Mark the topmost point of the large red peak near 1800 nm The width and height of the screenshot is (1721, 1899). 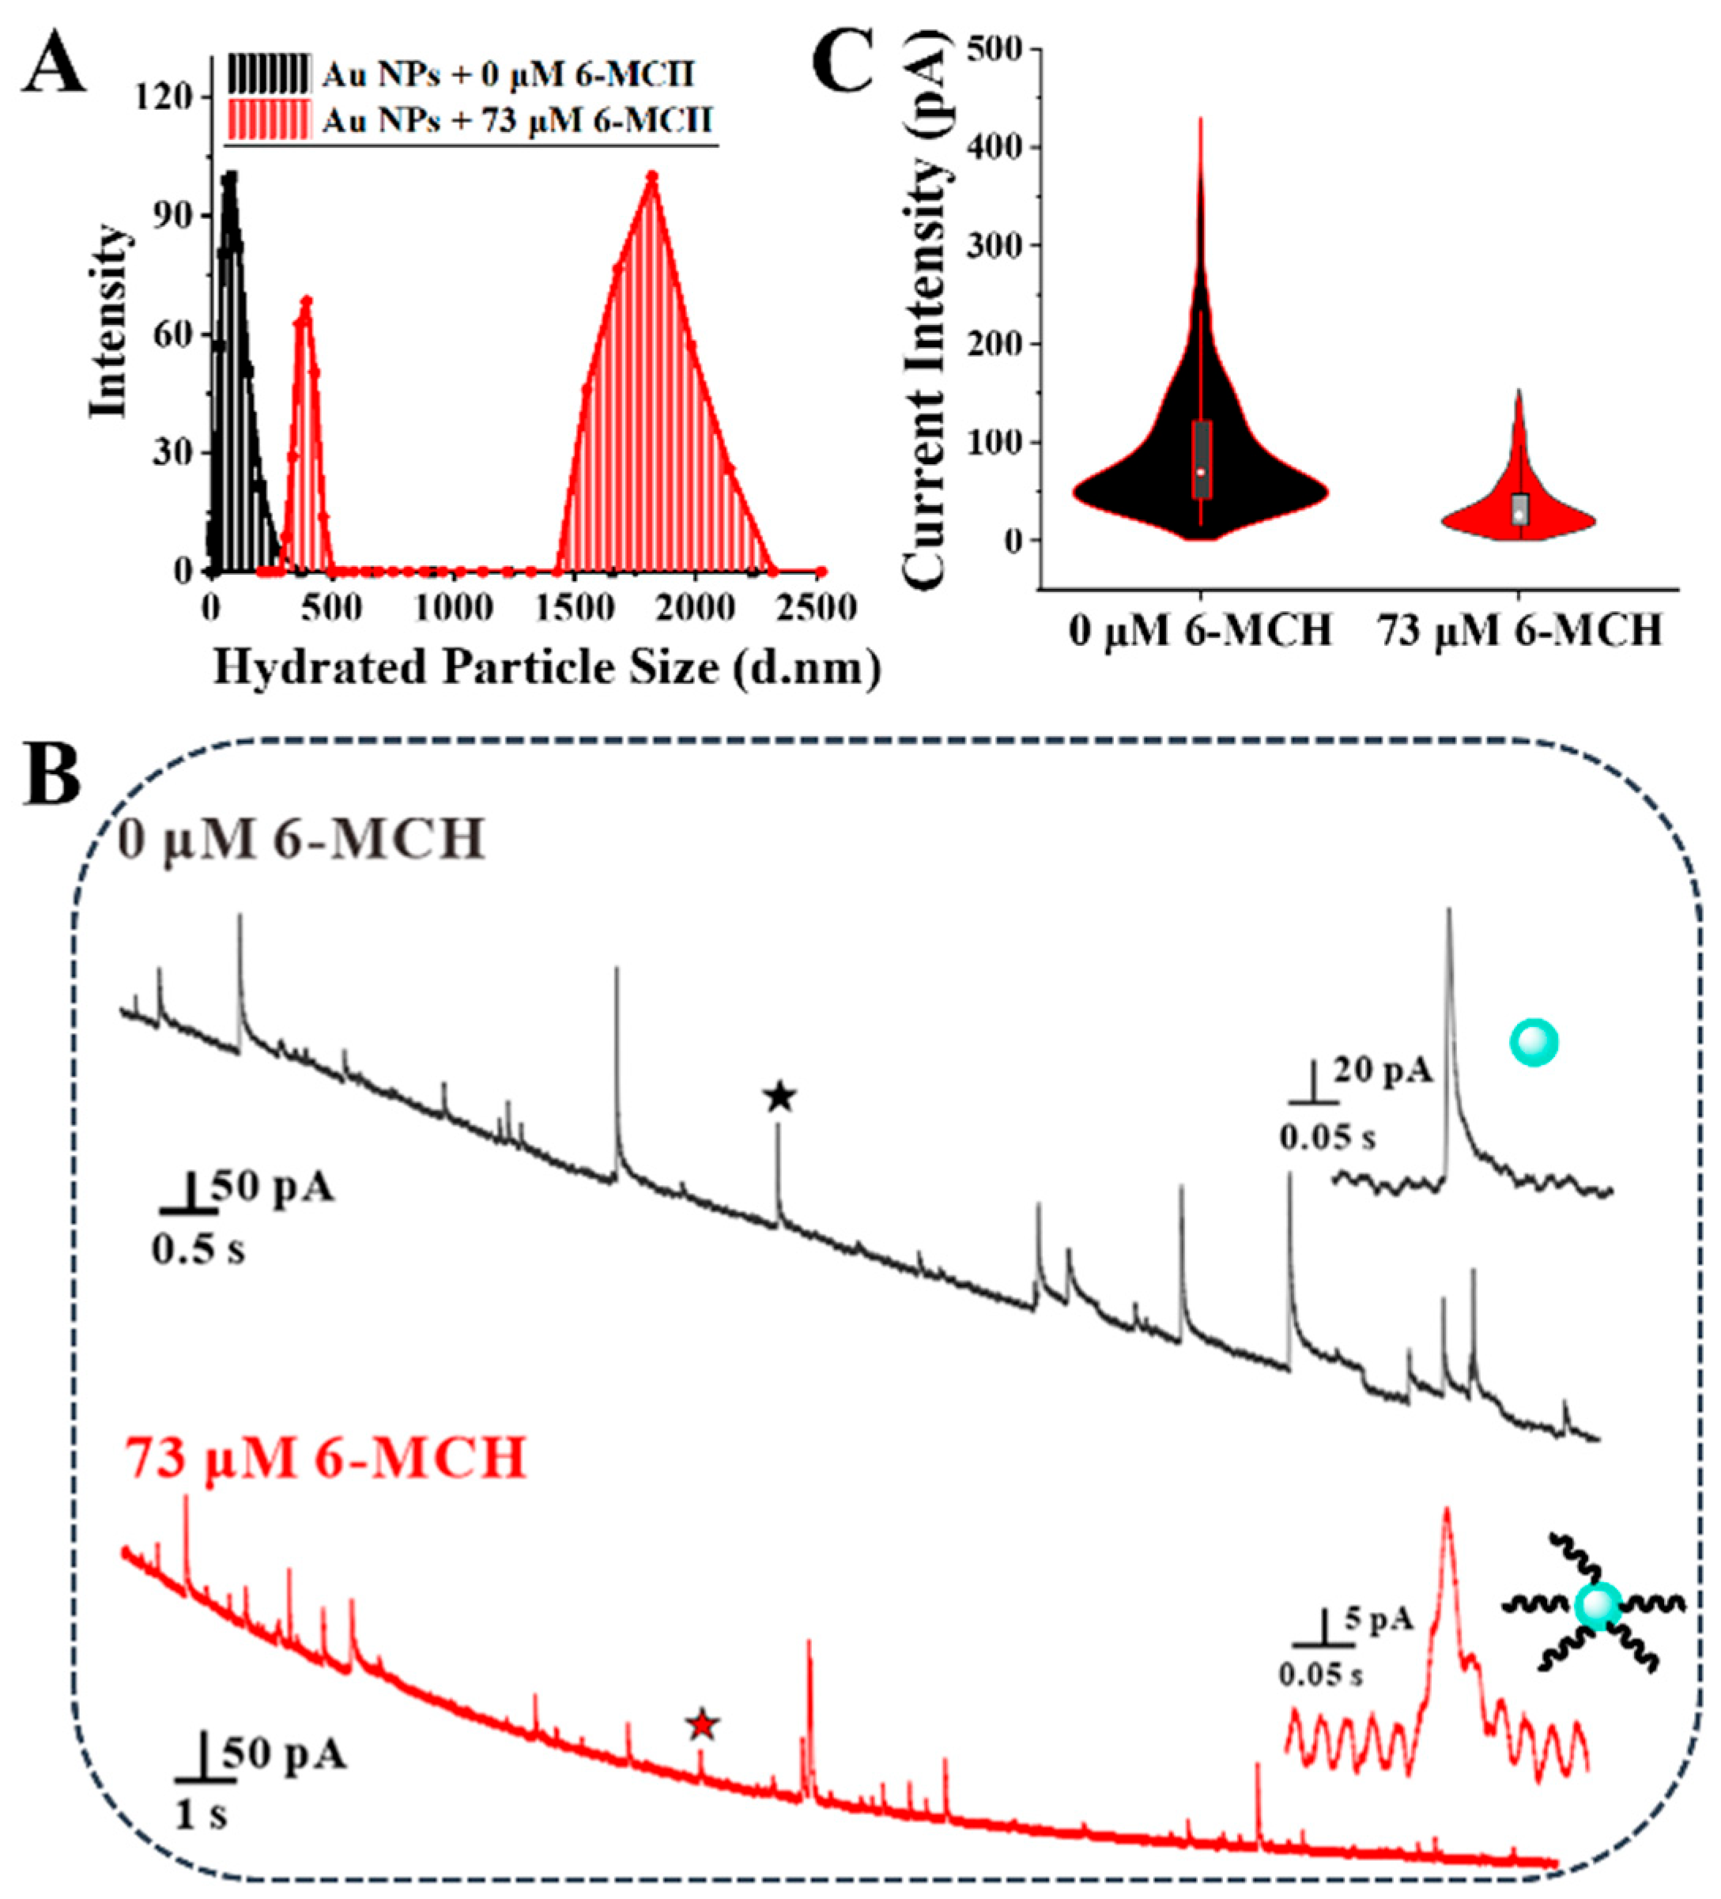tap(651, 176)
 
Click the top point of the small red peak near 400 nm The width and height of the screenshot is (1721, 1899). tap(306, 301)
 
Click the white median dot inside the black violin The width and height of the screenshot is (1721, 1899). tap(1201, 471)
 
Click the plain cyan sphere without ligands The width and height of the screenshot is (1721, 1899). tap(1534, 1043)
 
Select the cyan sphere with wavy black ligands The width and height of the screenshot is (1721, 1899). tap(1598, 1607)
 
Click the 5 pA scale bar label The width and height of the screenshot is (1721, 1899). tap(1378, 1619)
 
